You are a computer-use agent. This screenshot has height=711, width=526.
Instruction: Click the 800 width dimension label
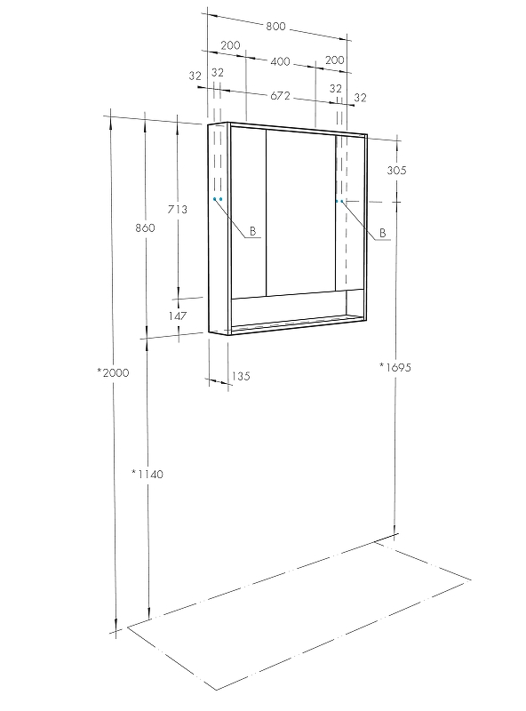[275, 27]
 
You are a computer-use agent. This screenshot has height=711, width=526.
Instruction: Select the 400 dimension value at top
[280, 61]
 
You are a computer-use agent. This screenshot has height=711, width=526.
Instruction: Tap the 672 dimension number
[280, 96]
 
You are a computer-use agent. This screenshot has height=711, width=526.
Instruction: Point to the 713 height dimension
[178, 210]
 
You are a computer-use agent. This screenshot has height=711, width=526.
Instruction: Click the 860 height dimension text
[145, 228]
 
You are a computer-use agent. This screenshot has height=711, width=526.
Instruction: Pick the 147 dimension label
[178, 316]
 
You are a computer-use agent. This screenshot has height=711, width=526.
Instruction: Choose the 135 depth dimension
[241, 376]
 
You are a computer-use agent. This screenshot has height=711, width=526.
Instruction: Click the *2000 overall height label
[114, 372]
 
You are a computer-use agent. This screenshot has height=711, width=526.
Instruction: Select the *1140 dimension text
[147, 474]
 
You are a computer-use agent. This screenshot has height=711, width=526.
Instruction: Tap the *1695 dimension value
[395, 367]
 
